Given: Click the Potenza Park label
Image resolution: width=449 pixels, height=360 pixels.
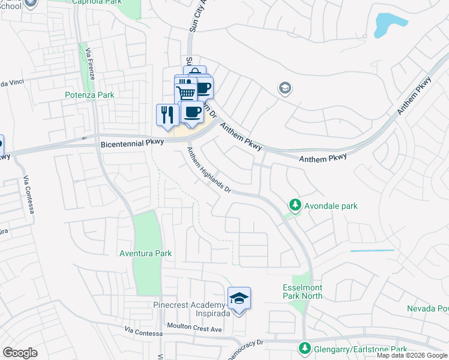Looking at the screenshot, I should point(89,95).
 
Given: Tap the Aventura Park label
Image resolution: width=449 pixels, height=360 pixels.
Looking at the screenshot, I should point(146,253).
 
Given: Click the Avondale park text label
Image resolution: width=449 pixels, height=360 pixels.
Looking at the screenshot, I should point(331,206).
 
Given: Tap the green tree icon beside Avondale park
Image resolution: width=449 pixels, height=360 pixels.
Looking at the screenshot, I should point(295,206).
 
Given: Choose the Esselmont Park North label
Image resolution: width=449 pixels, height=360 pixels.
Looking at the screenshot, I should point(303,292).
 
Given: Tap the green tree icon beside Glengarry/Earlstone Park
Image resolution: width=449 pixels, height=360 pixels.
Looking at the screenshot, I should point(305,349).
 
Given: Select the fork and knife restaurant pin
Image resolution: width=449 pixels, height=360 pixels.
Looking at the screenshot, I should point(167,114).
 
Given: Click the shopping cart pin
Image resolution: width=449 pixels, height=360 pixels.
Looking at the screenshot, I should point(186,93).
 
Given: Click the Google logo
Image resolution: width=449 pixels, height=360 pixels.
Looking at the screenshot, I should point(20,353).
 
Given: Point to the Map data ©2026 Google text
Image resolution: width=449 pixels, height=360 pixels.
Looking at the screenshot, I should point(412,355).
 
